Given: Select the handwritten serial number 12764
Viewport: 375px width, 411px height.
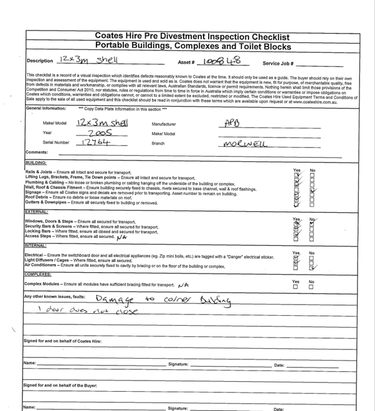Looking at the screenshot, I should (96, 142).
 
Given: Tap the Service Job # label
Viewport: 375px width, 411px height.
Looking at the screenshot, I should (279, 64).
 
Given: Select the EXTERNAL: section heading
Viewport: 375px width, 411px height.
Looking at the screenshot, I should (38, 212).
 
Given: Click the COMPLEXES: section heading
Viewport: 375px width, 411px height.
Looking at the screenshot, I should (39, 275).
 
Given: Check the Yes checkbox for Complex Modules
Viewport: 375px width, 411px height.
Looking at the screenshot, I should (295, 287).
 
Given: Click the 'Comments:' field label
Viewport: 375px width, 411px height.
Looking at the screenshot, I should (37, 152).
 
